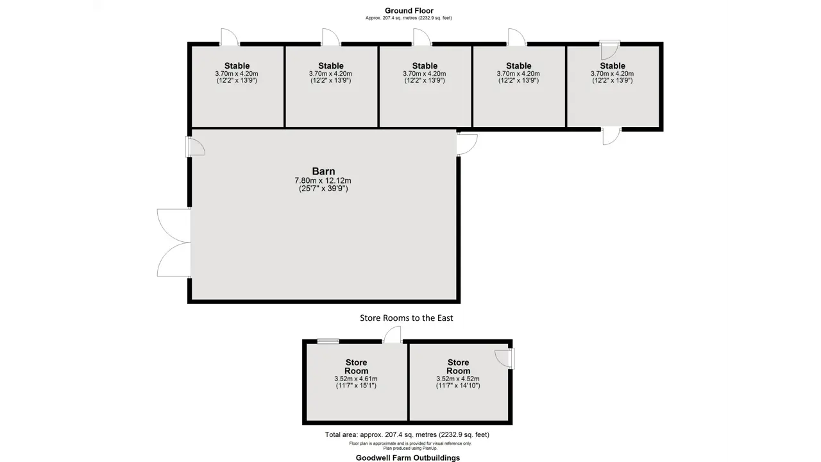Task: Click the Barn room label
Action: pos(323,171)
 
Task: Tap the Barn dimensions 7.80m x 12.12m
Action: pos(323,181)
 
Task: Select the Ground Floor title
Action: pos(409,11)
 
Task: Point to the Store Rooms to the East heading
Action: pos(406,318)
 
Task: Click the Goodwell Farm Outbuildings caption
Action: pos(407,458)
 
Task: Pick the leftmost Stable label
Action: pos(237,65)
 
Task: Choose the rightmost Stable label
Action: pos(613,65)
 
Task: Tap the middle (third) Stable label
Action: pos(425,65)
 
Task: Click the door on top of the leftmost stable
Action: pos(230,37)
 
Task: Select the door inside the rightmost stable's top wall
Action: pos(610,50)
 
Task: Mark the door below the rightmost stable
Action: pos(612,136)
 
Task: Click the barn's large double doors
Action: pos(174,243)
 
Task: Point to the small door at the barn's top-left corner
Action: pos(195,146)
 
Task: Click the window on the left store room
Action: pos(328,341)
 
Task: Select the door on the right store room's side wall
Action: pos(504,359)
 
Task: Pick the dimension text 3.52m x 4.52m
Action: pos(458,379)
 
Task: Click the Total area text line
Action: pos(407,435)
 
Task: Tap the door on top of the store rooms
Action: pos(392,335)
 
